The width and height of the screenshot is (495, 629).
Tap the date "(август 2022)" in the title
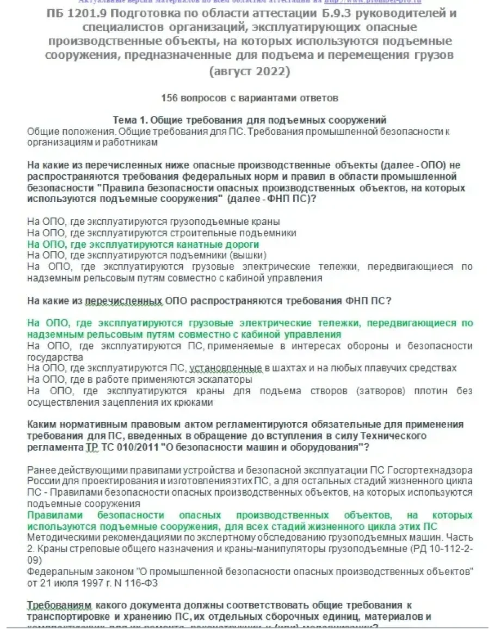click(x=250, y=71)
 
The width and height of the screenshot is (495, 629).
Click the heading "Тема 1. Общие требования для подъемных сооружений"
click(x=249, y=120)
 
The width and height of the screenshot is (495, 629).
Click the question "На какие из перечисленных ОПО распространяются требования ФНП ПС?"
click(x=209, y=301)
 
